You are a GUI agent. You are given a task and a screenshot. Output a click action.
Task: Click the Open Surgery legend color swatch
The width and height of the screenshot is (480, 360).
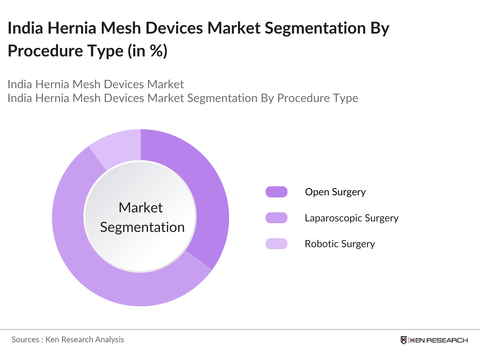click(x=276, y=192)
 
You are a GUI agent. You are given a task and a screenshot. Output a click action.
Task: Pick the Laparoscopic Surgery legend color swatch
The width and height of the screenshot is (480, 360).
click(x=276, y=218)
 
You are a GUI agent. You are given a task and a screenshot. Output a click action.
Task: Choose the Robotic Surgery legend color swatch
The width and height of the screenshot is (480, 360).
click(x=276, y=244)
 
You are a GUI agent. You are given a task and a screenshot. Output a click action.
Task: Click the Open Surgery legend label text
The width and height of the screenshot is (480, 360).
click(x=335, y=192)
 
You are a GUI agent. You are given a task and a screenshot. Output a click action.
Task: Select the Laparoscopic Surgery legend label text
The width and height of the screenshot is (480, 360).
click(x=351, y=218)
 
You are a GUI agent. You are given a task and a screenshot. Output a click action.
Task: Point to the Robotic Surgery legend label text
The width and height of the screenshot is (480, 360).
click(x=340, y=244)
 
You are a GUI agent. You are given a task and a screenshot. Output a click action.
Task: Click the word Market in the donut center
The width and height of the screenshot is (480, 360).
click(x=140, y=208)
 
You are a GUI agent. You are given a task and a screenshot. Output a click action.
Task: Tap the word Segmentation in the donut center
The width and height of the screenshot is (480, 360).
click(x=142, y=227)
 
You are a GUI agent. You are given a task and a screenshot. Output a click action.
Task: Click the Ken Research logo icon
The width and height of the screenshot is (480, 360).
click(x=404, y=340)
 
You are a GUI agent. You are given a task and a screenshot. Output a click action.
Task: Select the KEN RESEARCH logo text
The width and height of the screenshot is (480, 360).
click(x=439, y=340)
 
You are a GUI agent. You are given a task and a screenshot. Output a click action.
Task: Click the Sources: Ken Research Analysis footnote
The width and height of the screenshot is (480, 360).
click(x=67, y=340)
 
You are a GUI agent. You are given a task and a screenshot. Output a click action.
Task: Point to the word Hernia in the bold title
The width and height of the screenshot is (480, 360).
click(x=72, y=28)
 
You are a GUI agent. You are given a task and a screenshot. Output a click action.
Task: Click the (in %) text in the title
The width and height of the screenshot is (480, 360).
click(x=147, y=51)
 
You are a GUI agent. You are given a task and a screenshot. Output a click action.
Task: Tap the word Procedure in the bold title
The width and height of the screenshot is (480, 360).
click(x=45, y=51)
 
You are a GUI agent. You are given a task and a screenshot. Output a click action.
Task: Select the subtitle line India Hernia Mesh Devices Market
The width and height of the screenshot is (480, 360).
click(x=95, y=84)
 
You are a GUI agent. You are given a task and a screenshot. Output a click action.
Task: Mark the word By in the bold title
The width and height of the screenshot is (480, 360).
click(x=379, y=28)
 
